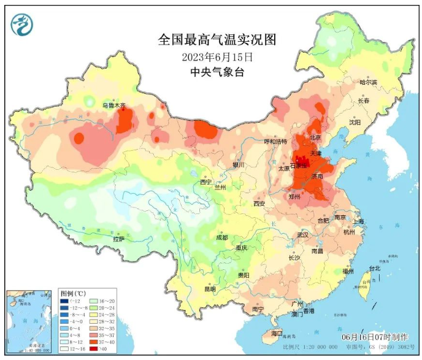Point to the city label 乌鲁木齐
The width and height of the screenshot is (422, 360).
pyautogui.click(x=113, y=105)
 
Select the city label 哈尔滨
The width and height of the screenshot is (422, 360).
pyautogui.click(x=368, y=82)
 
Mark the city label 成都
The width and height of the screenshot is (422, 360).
pyautogui.click(x=221, y=237)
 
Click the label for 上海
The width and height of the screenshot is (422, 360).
pyautogui.click(x=358, y=221)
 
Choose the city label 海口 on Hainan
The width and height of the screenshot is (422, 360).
pyautogui.click(x=277, y=333)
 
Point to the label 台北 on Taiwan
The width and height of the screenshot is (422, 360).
pyautogui.click(x=374, y=268)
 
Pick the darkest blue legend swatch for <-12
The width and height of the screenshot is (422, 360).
pyautogui.click(x=64, y=302)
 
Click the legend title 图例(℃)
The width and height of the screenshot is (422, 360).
pyautogui.click(x=72, y=293)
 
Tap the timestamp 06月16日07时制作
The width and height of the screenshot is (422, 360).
pyautogui.click(x=373, y=338)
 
